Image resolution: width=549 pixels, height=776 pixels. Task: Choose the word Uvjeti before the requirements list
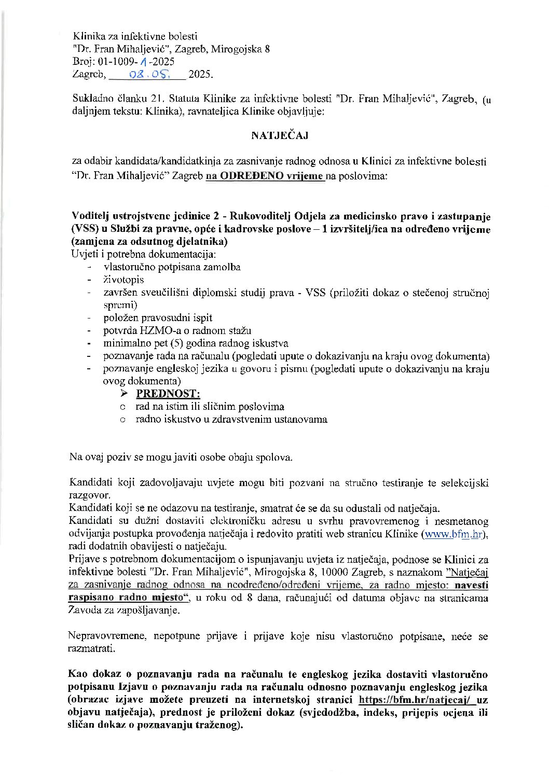pos(83,255)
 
